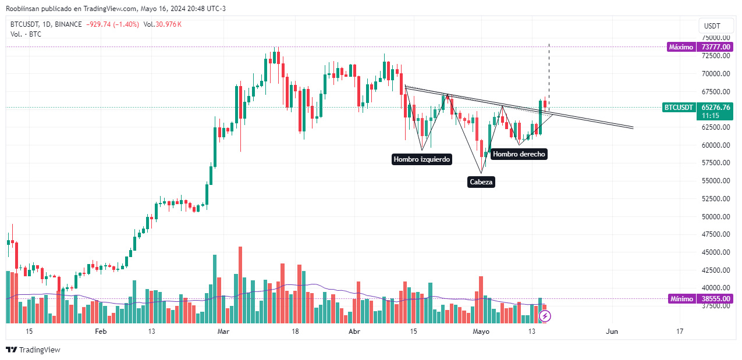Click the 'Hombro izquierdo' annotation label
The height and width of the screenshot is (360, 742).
(x=422, y=159)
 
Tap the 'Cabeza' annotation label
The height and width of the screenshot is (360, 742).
(x=481, y=182)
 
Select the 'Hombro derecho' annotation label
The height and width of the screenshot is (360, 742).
(x=519, y=154)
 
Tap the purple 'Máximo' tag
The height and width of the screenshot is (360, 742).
(x=681, y=47)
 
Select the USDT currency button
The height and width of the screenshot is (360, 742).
(x=712, y=26)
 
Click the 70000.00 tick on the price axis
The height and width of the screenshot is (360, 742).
(x=716, y=74)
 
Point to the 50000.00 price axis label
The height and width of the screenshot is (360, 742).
(x=716, y=216)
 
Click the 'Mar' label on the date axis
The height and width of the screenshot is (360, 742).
(x=223, y=331)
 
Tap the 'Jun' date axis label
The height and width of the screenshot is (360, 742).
(x=612, y=331)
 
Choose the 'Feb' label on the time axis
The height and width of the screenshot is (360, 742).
(x=101, y=331)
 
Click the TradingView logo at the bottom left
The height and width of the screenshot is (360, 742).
(x=33, y=350)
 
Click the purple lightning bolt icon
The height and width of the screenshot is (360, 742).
(x=545, y=316)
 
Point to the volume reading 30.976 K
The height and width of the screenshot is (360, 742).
(x=169, y=24)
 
